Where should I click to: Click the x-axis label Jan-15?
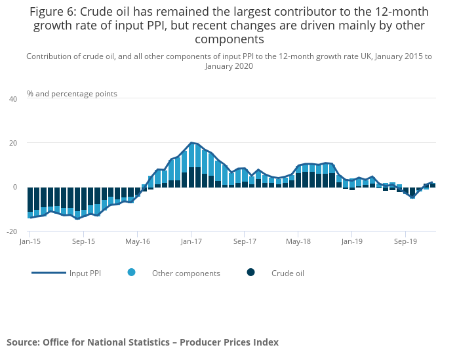(x=30, y=241)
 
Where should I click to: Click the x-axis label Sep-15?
(x=83, y=241)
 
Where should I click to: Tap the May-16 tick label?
(x=137, y=241)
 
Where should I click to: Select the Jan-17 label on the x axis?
(x=191, y=241)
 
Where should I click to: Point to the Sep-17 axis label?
(x=244, y=241)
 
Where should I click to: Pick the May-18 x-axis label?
(x=298, y=241)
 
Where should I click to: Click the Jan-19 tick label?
(x=351, y=241)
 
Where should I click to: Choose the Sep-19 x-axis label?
(x=405, y=241)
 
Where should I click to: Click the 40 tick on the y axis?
(x=13, y=99)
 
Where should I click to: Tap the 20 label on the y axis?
(x=13, y=143)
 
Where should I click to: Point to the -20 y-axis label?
(x=12, y=231)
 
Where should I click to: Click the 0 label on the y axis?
(x=15, y=188)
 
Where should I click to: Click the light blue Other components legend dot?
(x=132, y=273)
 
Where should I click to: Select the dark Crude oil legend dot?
(x=250, y=273)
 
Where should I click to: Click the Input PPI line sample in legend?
(x=49, y=273)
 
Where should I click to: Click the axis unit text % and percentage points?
(x=72, y=94)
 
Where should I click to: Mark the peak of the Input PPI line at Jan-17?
(x=191, y=142)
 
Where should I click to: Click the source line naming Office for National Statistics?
(x=142, y=342)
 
